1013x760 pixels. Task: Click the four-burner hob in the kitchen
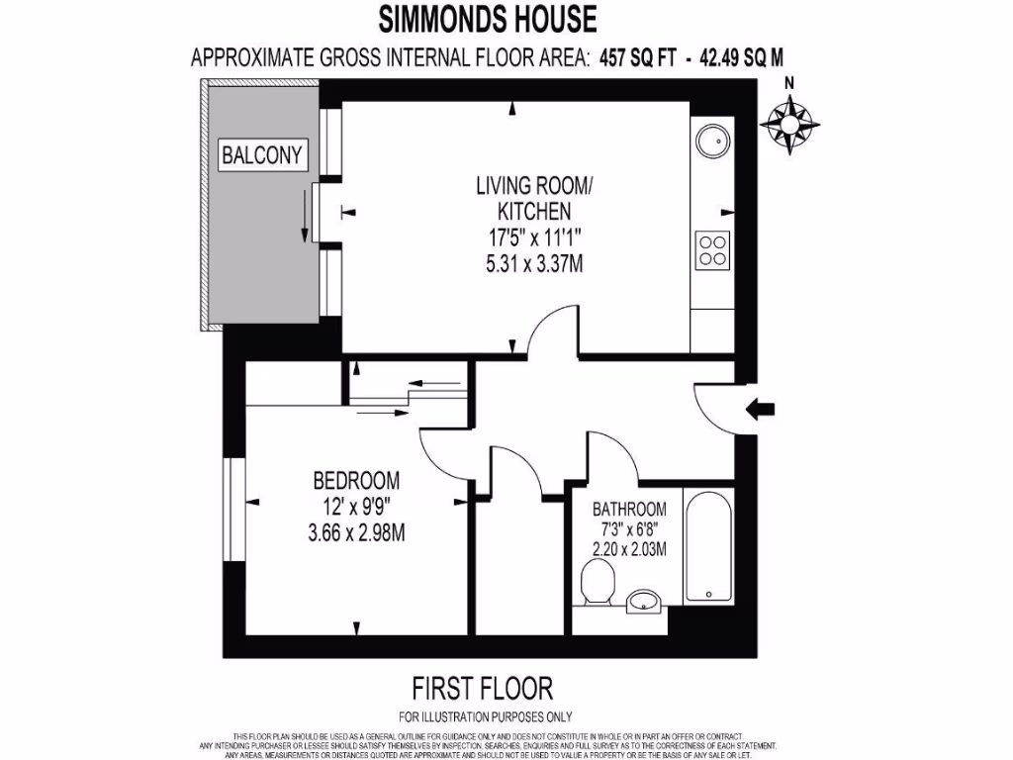tap(712, 249)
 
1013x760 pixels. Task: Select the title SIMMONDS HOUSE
tap(488, 18)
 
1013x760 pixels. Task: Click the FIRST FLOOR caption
tap(481, 687)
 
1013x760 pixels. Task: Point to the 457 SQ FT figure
tap(637, 57)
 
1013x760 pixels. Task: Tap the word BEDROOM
tap(356, 481)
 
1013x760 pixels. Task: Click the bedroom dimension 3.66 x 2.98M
tap(356, 533)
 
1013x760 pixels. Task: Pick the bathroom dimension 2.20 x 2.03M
tap(629, 549)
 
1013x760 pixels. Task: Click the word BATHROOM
tap(629, 510)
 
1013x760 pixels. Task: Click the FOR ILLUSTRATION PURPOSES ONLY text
tap(485, 716)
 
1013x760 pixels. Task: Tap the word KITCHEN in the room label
tap(533, 210)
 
